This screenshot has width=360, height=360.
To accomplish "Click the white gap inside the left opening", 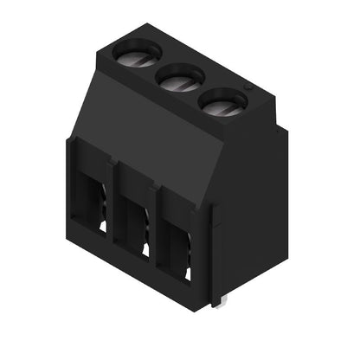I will pyautogui.click(x=103, y=226).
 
